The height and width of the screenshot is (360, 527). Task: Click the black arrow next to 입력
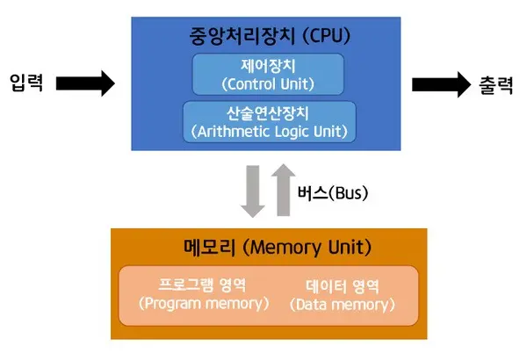(86, 83)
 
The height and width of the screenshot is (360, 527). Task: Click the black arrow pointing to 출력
(441, 83)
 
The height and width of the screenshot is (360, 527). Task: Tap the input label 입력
(27, 84)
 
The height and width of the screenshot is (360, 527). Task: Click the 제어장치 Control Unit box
(268, 75)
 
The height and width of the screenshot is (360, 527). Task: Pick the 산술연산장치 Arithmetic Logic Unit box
(269, 121)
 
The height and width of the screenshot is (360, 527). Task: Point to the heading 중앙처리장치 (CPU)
(269, 37)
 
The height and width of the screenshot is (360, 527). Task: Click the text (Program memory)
(204, 305)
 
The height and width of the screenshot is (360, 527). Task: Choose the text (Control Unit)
(268, 84)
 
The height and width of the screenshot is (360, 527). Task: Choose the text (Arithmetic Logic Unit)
(269, 132)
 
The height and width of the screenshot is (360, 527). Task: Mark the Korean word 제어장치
(268, 65)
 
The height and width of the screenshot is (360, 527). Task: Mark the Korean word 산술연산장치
(269, 112)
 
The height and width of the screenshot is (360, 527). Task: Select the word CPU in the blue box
(328, 37)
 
